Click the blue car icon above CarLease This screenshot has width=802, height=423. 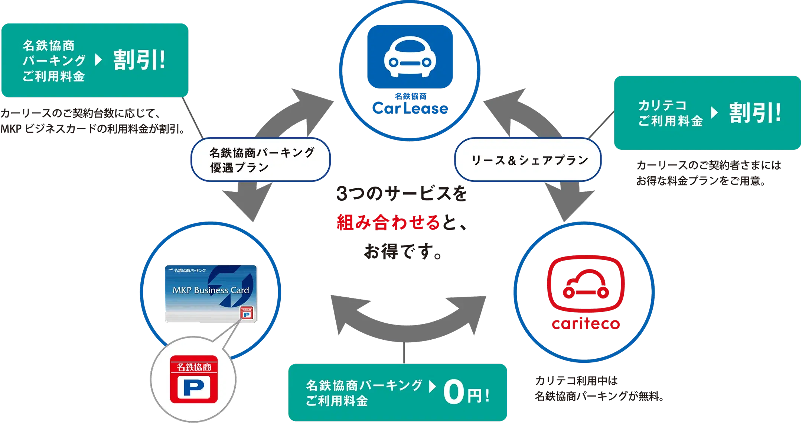pos(410,56)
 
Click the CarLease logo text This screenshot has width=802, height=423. pos(410,108)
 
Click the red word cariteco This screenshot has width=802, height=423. pos(586,324)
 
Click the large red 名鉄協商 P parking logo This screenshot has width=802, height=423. pos(193,379)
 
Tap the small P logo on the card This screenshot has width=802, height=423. pos(247,313)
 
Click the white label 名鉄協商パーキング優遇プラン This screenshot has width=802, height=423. pos(260,159)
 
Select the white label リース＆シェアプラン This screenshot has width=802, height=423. pos(528,160)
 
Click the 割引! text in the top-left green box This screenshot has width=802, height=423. pos(139,60)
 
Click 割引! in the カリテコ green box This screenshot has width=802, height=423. pos(754,113)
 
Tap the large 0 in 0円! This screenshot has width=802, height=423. pos(454,393)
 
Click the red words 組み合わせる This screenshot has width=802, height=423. pos(388,223)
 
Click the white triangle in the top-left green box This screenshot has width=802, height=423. pos(98,60)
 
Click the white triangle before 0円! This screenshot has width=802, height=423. pos(432,387)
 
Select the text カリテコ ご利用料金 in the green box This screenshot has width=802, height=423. pos(670,113)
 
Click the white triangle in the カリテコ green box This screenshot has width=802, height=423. pos(714,113)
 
